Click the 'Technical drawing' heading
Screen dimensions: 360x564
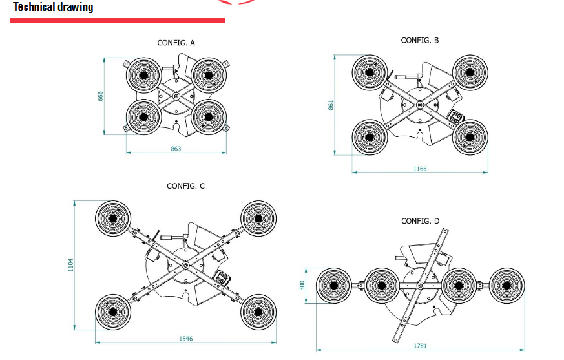(53, 7)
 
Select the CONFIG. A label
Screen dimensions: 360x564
(176, 43)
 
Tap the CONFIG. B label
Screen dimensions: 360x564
(420, 40)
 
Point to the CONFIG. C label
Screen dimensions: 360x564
(185, 185)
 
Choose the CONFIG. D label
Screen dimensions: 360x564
(420, 221)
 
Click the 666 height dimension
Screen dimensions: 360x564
(101, 96)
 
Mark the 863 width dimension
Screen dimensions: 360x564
(176, 149)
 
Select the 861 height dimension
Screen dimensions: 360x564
(330, 104)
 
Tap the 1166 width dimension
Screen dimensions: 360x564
(420, 169)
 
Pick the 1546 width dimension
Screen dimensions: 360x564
(185, 338)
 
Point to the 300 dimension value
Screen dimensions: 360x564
(302, 285)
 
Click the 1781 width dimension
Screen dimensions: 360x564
(420, 346)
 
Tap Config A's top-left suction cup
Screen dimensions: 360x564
(143, 76)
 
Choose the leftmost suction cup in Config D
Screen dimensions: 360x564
(333, 285)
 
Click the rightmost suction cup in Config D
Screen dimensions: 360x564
(507, 285)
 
